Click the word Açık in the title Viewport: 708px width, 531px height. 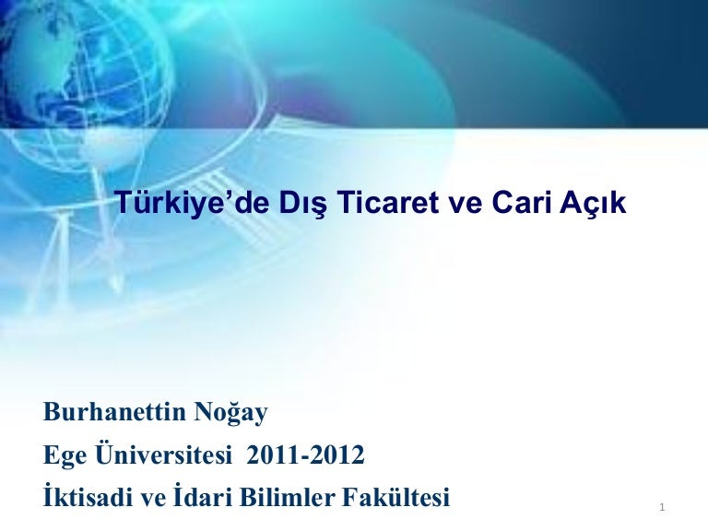tap(593, 204)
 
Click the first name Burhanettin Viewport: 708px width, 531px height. tap(114, 412)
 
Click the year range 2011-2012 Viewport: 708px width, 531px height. tap(305, 455)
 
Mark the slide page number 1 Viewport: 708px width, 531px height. tap(663, 508)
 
